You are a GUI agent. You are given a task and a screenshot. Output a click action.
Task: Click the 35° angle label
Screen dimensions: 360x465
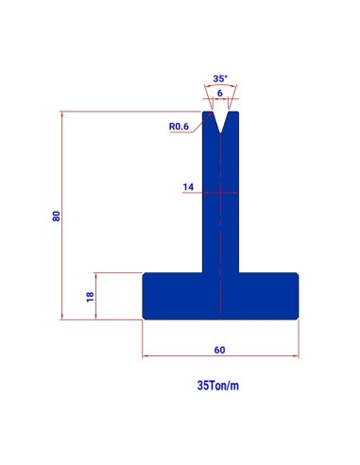(x=220, y=78)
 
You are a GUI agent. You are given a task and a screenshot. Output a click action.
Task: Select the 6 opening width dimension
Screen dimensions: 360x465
(x=220, y=93)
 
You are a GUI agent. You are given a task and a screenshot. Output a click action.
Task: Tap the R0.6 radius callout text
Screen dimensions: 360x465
(x=179, y=127)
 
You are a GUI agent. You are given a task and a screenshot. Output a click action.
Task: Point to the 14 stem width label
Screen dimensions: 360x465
(x=188, y=187)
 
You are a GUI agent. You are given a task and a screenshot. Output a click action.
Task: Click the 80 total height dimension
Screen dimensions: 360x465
(x=57, y=215)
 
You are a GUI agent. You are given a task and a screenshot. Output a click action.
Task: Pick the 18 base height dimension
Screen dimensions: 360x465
(x=90, y=297)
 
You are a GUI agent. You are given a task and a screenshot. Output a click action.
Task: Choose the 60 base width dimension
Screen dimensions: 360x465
(x=219, y=350)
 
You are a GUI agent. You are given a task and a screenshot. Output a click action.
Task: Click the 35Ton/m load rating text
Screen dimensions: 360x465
(x=218, y=386)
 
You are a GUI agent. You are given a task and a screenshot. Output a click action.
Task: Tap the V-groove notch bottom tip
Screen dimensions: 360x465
(x=220, y=133)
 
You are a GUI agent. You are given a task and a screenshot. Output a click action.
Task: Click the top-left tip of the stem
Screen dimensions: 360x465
(x=203, y=112)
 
